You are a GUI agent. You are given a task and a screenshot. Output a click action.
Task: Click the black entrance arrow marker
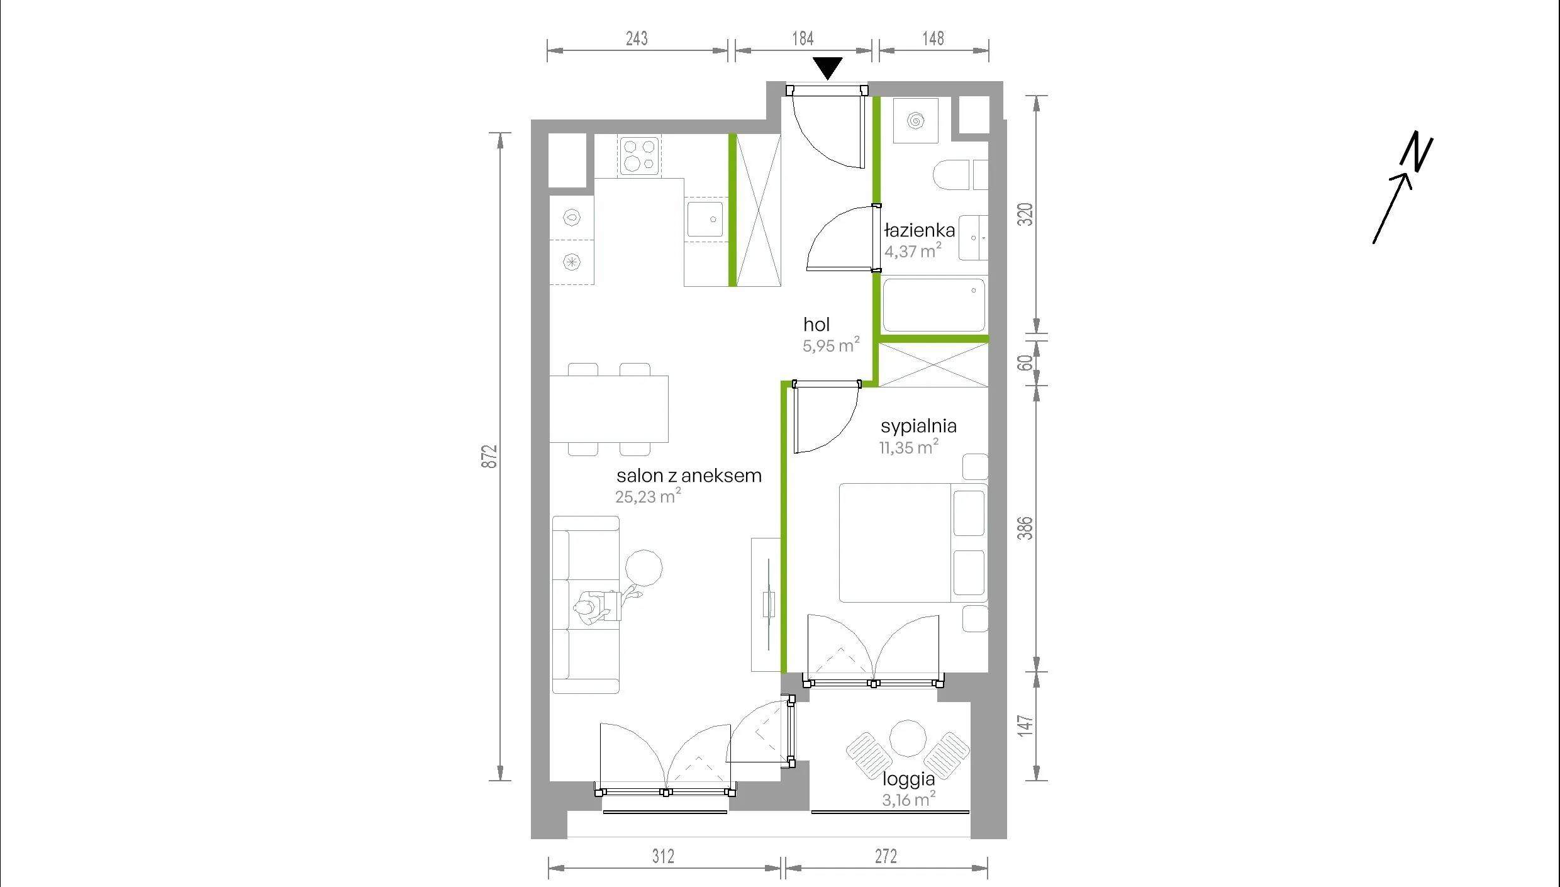[x=827, y=67]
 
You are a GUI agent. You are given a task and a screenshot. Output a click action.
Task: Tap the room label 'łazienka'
[x=919, y=230]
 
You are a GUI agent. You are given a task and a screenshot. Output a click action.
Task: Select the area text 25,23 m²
[x=648, y=496]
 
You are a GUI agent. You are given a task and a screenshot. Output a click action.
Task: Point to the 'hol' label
[x=816, y=325]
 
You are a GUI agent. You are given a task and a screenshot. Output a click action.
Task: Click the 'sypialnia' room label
[x=918, y=427]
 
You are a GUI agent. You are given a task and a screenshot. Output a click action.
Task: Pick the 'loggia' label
[x=908, y=779]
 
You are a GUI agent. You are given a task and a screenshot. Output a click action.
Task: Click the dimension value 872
[x=489, y=456]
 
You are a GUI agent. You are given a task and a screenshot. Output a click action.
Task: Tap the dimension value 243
[x=637, y=38]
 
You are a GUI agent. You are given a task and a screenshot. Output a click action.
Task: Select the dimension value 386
[x=1025, y=528]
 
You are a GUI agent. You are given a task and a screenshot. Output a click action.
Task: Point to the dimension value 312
[x=663, y=856]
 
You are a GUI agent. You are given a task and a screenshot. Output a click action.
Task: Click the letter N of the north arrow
[x=1417, y=152]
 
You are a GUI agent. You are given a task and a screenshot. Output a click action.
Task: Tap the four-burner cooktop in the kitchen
[x=639, y=156]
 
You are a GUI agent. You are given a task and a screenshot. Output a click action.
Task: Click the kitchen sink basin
[x=705, y=219]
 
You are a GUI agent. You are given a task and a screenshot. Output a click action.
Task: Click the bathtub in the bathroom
[x=933, y=305]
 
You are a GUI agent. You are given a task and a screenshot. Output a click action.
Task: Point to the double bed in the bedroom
[x=913, y=542]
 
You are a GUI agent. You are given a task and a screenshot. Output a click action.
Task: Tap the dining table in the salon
[x=609, y=409]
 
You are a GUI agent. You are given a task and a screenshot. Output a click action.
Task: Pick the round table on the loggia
[x=908, y=738]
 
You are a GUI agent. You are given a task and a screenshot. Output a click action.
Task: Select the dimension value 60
[x=1025, y=362]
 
